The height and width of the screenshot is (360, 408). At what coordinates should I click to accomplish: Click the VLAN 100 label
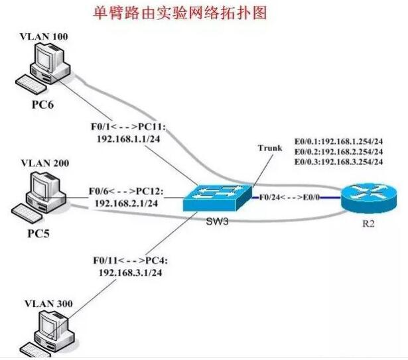[44, 36]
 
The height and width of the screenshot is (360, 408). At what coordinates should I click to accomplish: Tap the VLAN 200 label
[44, 163]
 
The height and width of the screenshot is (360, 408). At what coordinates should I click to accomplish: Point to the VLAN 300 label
[44, 304]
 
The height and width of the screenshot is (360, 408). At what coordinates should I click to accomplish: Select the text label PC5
[42, 233]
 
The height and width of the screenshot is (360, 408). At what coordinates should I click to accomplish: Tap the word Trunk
[269, 148]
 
